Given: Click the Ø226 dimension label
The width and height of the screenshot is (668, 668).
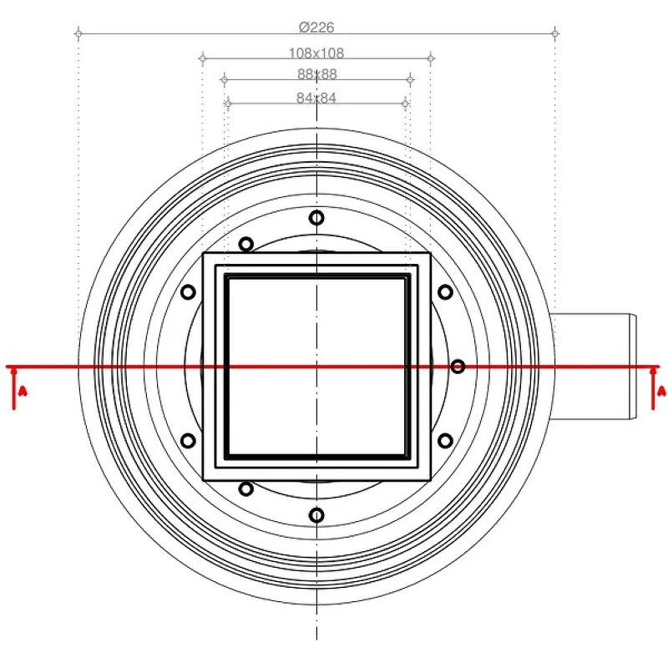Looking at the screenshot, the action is (x=316, y=28).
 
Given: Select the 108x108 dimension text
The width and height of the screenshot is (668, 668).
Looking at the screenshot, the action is (x=316, y=53).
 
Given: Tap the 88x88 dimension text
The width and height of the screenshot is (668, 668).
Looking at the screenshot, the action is (x=317, y=74).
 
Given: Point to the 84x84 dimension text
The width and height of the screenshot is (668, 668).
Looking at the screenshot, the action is (x=316, y=98).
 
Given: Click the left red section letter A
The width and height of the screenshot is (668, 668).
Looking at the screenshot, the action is (x=23, y=391).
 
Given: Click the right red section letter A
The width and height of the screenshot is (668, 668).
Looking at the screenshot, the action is (x=661, y=391).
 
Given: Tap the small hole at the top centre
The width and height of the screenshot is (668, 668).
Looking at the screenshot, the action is (x=316, y=218).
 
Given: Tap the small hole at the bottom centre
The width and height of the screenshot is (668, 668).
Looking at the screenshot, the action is (x=316, y=515).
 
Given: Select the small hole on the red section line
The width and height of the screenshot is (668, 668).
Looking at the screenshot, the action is (x=458, y=367).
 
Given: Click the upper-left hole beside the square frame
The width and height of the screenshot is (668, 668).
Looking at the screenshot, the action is (x=188, y=292).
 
